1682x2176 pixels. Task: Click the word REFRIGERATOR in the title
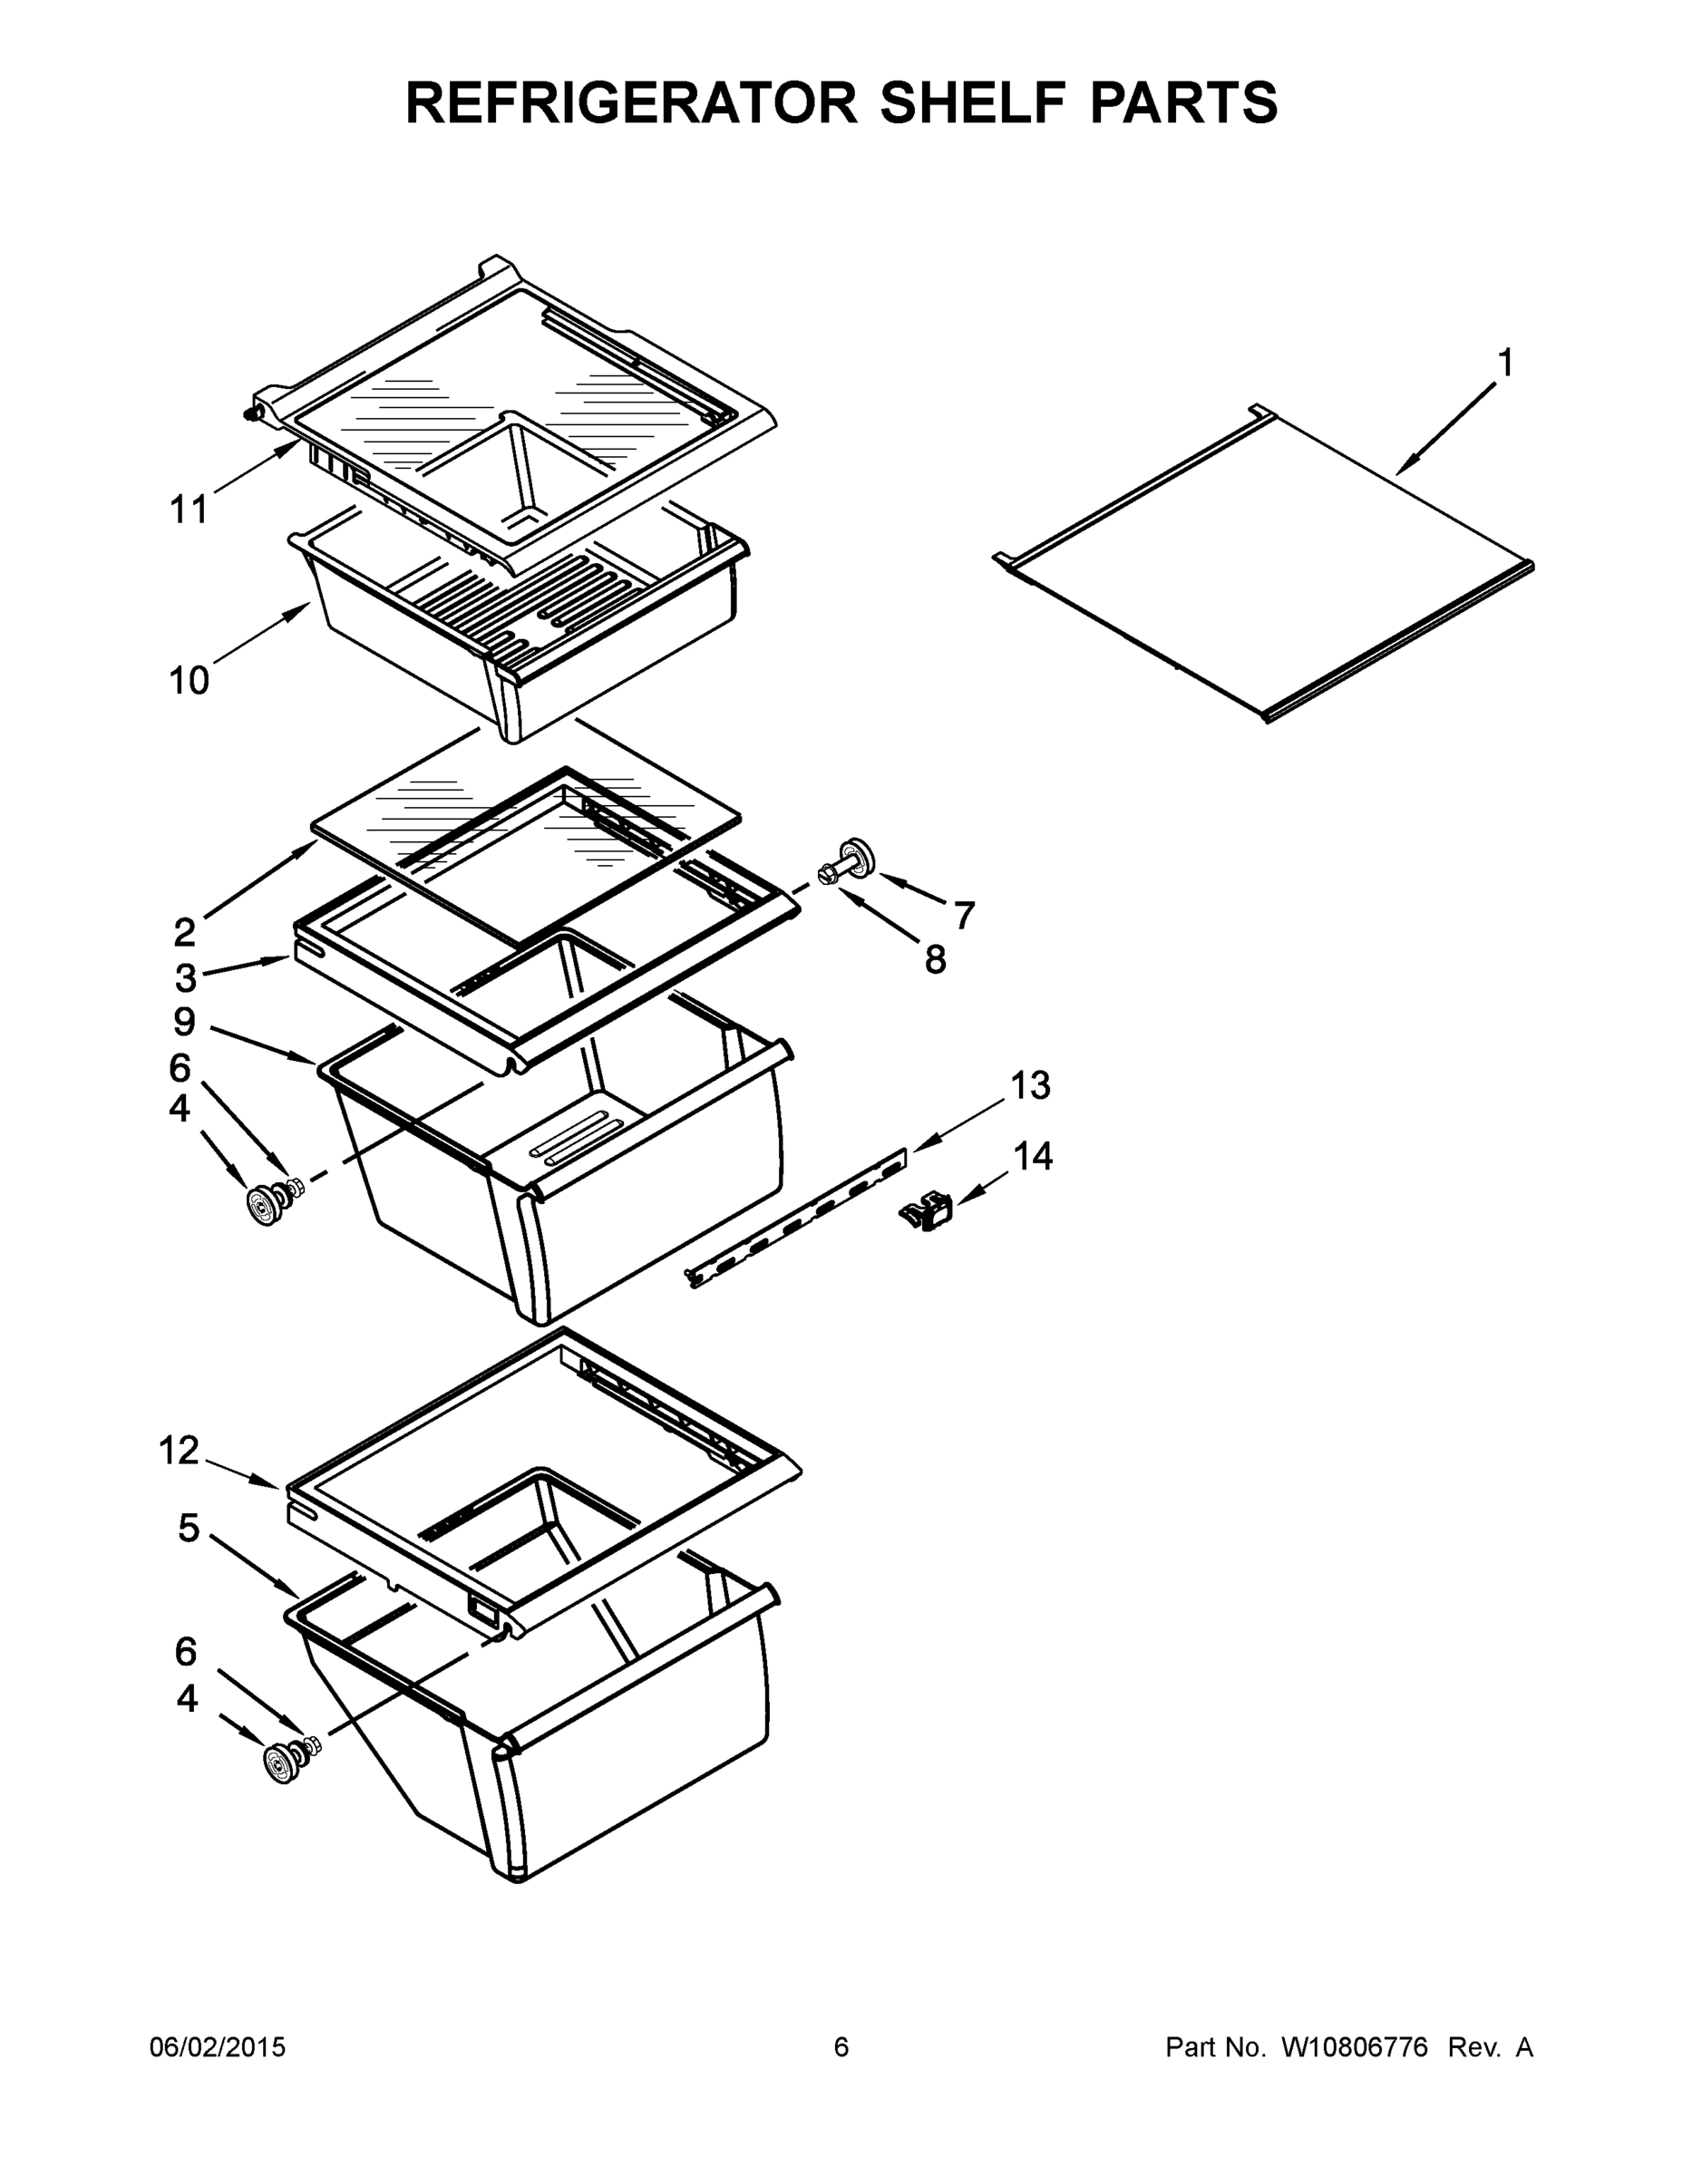[x=631, y=102]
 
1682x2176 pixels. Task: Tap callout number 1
[x=1505, y=364]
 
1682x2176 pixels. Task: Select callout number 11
[x=189, y=510]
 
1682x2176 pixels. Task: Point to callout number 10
[x=189, y=681]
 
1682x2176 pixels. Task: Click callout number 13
[x=1030, y=1085]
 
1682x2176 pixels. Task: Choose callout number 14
[x=1034, y=1156]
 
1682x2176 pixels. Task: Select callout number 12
[x=180, y=1451]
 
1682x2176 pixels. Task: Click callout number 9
[x=184, y=1021]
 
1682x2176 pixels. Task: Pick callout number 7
[x=964, y=915]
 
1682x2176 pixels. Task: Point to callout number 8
[x=935, y=959]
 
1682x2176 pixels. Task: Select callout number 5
[x=189, y=1528]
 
